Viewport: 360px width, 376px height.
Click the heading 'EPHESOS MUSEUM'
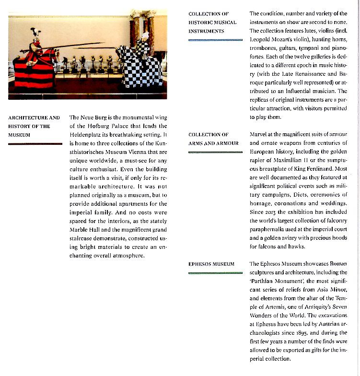tap(211, 264)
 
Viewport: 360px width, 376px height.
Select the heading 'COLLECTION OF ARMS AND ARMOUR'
tap(213, 139)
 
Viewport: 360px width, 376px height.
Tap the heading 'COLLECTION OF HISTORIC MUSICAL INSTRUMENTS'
tap(212, 23)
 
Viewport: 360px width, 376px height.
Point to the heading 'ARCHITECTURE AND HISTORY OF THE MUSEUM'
tap(34, 126)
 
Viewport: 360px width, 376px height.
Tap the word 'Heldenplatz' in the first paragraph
tap(85, 135)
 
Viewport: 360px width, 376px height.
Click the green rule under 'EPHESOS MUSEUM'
tap(215, 273)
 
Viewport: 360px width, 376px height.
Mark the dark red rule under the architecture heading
tap(35, 143)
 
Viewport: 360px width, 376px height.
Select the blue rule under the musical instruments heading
tap(215, 40)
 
